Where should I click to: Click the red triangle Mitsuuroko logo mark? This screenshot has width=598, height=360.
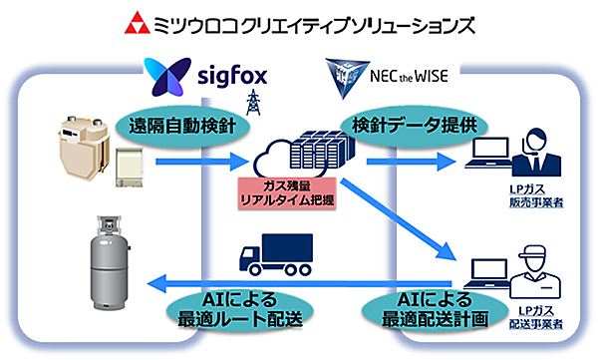135,23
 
